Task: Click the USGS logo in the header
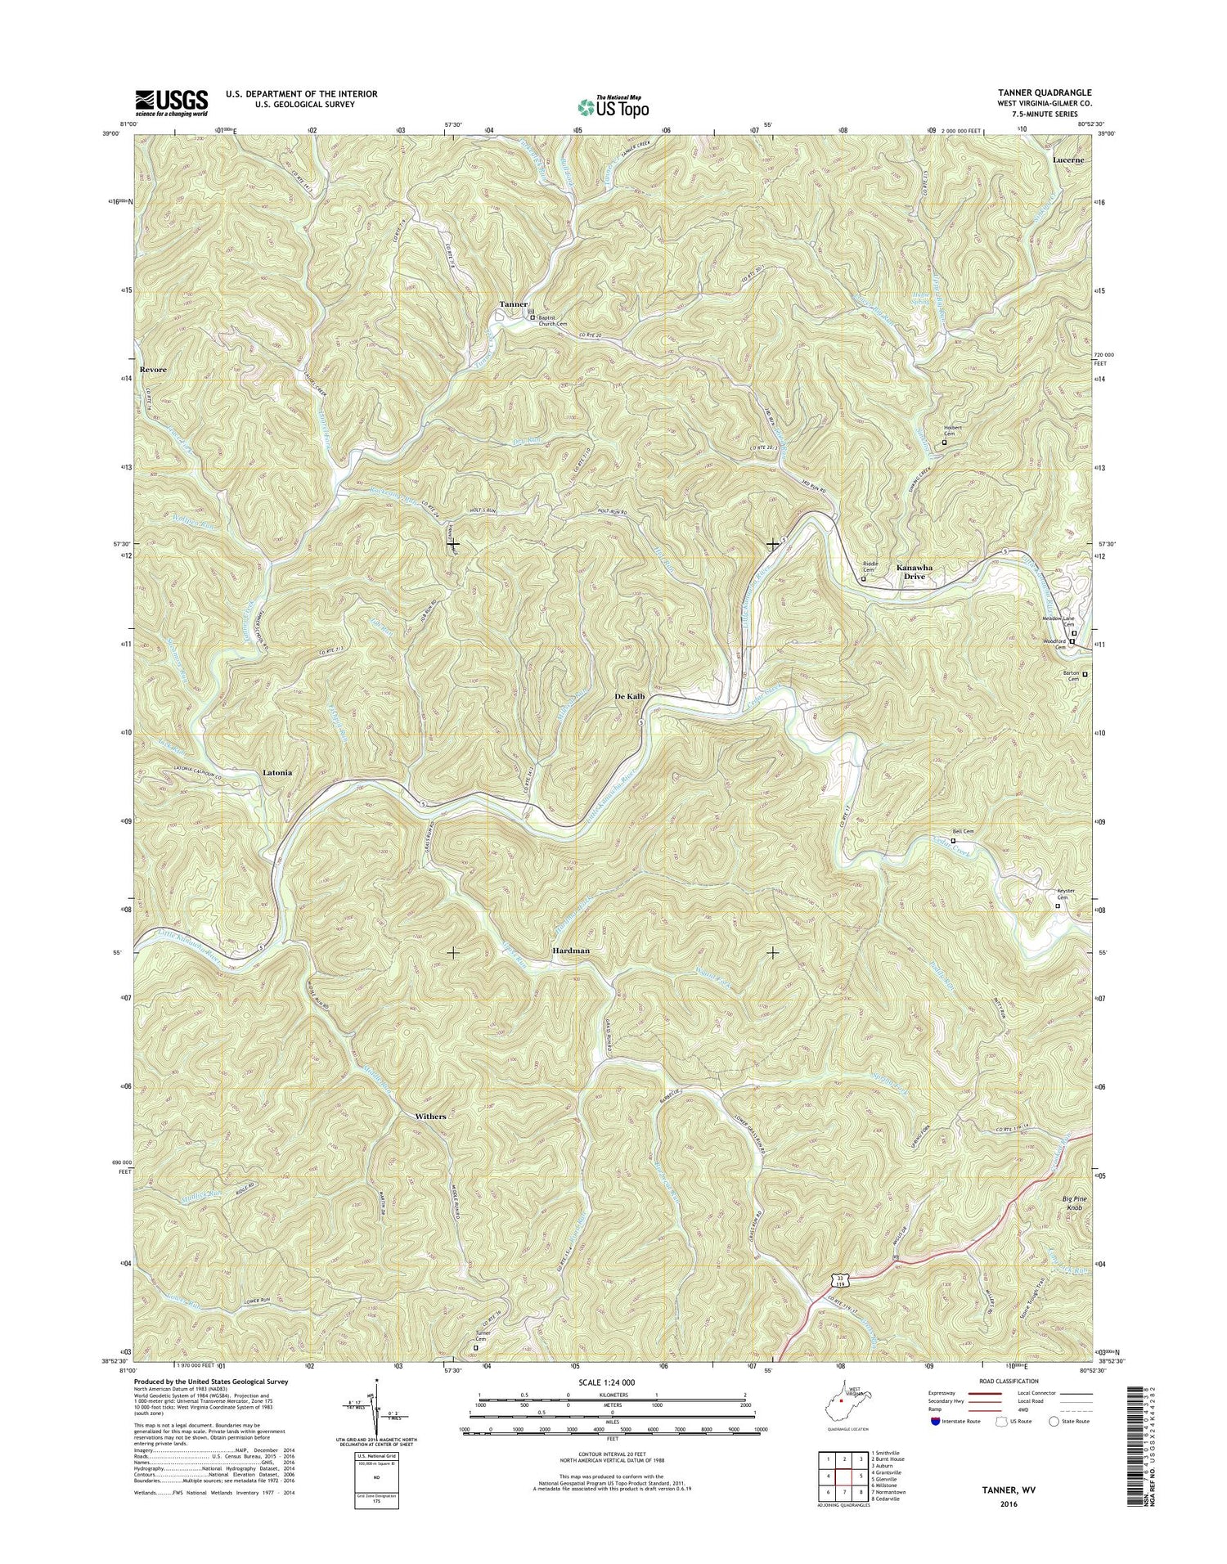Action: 172,103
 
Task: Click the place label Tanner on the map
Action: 514,304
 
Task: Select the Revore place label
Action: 153,370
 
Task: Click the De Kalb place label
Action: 630,696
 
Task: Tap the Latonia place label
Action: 277,772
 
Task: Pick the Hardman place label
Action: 570,951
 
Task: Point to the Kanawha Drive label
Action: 914,572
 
